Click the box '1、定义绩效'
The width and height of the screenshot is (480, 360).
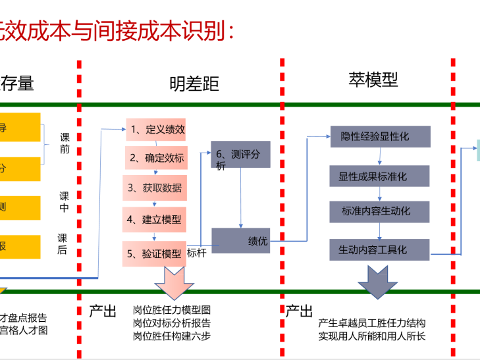click(156, 129)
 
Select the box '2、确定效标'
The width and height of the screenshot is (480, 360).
click(156, 158)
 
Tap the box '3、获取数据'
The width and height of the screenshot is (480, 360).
click(155, 188)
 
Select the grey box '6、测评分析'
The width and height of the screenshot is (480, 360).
click(240, 154)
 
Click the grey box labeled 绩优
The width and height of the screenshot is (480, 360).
click(240, 241)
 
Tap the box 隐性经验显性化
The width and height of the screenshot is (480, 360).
click(379, 136)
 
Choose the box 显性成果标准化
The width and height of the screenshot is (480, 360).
click(379, 176)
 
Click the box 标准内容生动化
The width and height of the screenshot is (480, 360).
click(379, 211)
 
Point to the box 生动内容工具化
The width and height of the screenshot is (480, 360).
click(379, 250)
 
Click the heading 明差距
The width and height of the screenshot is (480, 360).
click(194, 84)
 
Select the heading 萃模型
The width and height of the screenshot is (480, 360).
click(373, 80)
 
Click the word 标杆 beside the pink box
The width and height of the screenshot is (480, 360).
click(197, 251)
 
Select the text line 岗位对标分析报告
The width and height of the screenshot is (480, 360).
click(171, 323)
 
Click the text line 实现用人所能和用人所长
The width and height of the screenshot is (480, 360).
click(372, 336)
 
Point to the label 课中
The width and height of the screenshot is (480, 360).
click(64, 201)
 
